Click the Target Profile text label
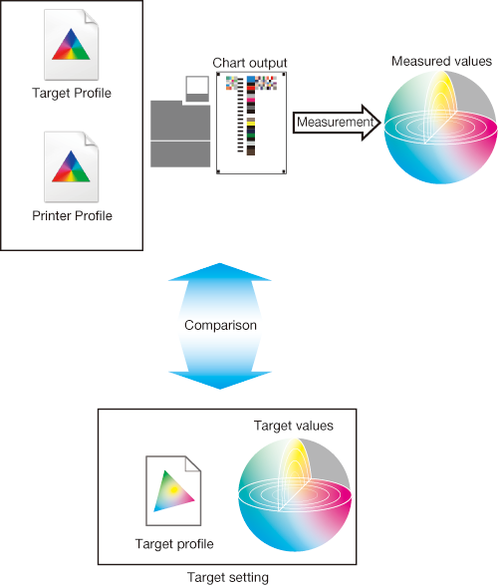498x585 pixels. pos(72,94)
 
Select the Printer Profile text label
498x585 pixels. pos(72,215)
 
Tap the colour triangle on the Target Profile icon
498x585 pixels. pos(71,45)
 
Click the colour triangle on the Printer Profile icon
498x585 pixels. pos(71,166)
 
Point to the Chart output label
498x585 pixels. pos(250,63)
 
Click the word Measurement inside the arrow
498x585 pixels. pos(335,122)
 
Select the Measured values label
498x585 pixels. pos(441,61)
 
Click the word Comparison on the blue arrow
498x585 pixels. pos(220,325)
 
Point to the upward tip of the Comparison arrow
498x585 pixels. pos(220,264)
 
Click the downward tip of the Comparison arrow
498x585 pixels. pos(220,389)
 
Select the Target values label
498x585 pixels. pos(294,426)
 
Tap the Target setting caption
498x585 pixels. pos(228,577)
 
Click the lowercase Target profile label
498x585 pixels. pos(174,544)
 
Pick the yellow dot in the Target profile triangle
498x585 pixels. pos(173,490)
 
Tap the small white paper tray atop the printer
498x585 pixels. pos(197,89)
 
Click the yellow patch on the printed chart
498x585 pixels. pos(251,123)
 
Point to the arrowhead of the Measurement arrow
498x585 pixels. pos(379,123)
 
